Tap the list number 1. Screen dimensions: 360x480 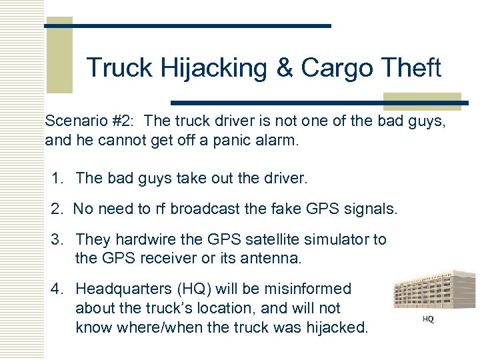click(59, 178)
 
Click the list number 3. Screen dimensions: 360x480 click(59, 240)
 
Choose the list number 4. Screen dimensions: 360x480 click(59, 289)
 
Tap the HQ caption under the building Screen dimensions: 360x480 click(429, 320)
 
